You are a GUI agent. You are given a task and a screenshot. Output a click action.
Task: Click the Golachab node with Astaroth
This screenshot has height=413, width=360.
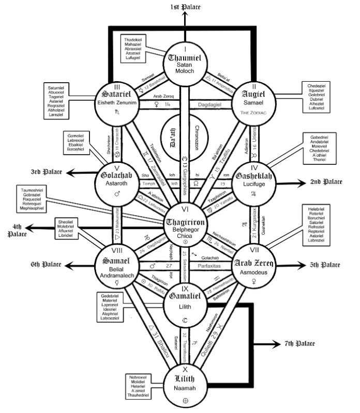pyautogui.click(x=119, y=181)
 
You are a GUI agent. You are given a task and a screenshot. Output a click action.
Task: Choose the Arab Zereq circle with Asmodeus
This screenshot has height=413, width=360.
pyautogui.click(x=253, y=267)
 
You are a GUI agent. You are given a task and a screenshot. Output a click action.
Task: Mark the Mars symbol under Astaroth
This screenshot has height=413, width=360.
pyautogui.click(x=116, y=194)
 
